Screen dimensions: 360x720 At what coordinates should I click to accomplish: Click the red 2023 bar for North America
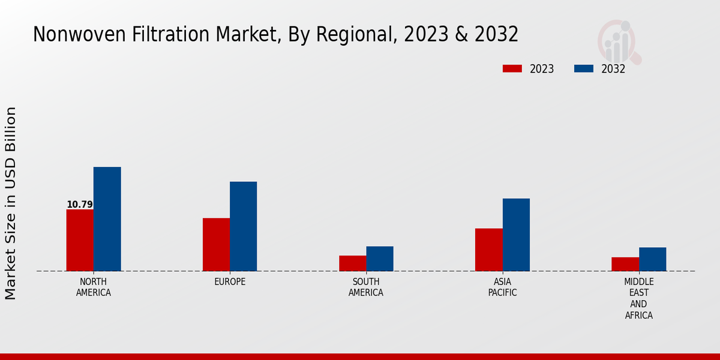[x=80, y=240]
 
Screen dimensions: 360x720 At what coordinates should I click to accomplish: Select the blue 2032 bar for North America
[x=107, y=219]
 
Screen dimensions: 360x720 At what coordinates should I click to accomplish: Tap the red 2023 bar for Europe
[x=216, y=244]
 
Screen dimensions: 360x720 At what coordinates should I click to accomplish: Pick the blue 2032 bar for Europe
[x=243, y=226]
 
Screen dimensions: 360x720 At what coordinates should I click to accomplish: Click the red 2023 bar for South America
[x=352, y=263]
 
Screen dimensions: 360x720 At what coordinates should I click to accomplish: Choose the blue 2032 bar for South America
[x=380, y=259]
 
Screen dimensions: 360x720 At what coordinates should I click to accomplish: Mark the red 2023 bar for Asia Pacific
[x=488, y=250]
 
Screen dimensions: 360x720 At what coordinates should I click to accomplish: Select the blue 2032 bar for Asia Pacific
[x=516, y=235]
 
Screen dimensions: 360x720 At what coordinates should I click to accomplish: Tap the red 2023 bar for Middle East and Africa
[x=625, y=264]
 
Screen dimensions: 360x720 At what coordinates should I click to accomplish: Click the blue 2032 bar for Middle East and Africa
[x=652, y=259]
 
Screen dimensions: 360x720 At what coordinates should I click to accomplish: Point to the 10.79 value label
[x=80, y=205]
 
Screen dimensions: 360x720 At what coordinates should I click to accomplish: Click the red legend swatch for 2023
[x=512, y=68]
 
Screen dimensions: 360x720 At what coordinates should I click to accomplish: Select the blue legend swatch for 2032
[x=584, y=68]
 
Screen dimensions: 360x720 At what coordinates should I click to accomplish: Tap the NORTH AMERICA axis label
[x=94, y=287]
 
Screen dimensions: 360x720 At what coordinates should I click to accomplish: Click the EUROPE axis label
[x=230, y=282]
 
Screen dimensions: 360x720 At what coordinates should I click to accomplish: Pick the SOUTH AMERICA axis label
[x=366, y=287]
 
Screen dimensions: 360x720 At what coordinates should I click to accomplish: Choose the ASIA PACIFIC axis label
[x=502, y=287]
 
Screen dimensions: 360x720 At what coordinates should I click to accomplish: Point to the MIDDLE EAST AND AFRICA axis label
[x=639, y=299]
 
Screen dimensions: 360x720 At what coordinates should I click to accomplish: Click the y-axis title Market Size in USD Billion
[x=11, y=203]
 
